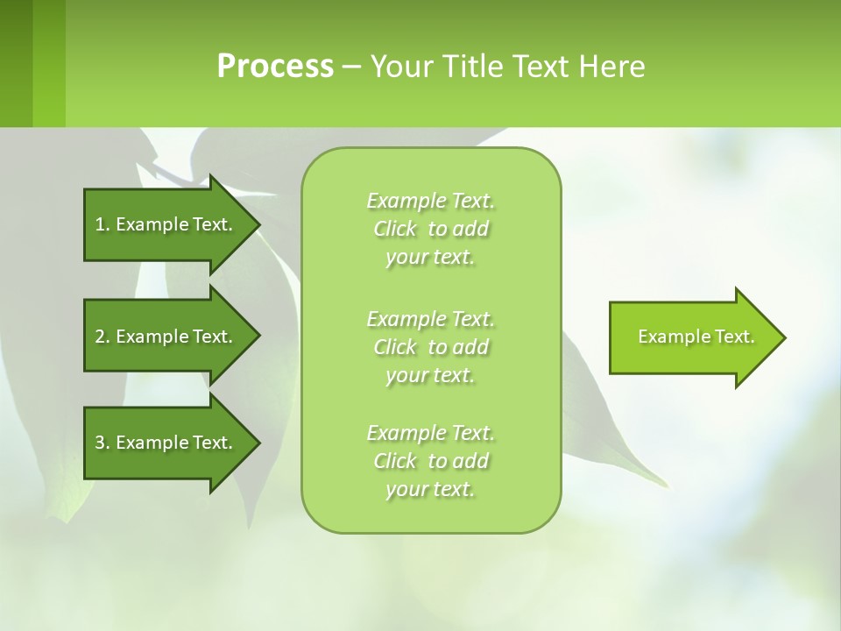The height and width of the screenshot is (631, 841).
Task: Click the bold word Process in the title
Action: [x=275, y=67]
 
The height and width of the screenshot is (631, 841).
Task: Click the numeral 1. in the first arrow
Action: [x=102, y=224]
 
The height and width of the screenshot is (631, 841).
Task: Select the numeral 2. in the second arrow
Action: [x=102, y=337]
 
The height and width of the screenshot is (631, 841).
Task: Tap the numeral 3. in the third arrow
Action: [x=102, y=443]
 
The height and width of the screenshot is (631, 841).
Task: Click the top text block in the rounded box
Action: [x=430, y=229]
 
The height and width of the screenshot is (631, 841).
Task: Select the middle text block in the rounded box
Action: [x=430, y=347]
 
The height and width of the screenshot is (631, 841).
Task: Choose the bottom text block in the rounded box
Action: [x=430, y=461]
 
